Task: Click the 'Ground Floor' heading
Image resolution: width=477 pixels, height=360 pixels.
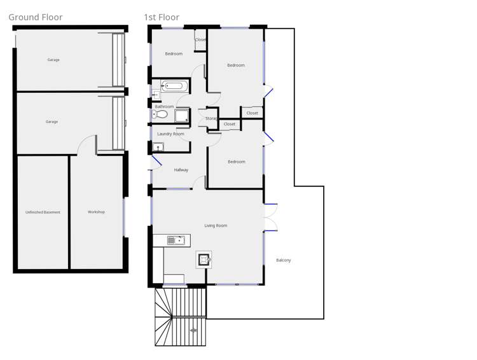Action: pos(36,17)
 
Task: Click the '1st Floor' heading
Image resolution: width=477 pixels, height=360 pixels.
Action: pos(162,17)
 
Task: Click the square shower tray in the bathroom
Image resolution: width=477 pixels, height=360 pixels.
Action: pos(182,115)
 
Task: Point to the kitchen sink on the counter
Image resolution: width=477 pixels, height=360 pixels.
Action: pos(176,240)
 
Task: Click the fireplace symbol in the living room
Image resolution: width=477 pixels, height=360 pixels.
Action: pos(204,260)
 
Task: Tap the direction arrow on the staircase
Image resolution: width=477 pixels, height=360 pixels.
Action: pos(193,331)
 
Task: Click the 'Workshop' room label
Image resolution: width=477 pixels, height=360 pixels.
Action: pos(96,212)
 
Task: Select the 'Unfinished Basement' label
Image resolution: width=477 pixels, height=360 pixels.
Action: pos(43,212)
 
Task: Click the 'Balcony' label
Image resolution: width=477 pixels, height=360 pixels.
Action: pos(284,260)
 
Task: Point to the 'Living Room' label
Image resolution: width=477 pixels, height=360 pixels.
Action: pos(216,226)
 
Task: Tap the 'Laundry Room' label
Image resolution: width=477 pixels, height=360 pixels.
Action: pos(170,134)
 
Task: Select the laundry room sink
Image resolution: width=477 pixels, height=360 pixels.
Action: pos(158,148)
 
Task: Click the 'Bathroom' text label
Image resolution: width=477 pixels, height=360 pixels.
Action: pos(164,106)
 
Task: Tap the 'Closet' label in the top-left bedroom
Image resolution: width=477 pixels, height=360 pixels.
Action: pos(201,39)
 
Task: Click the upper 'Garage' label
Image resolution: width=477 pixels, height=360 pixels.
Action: pos(53,60)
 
